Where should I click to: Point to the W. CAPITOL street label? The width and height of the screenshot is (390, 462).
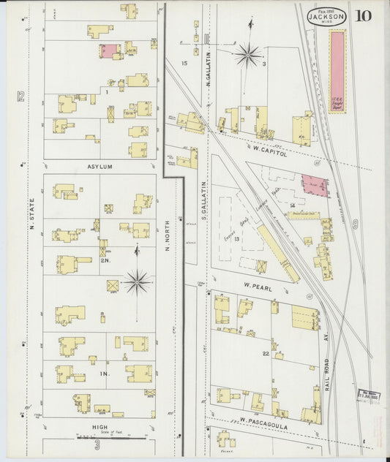pos(270,149)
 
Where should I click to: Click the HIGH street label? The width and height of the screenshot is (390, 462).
pos(100,427)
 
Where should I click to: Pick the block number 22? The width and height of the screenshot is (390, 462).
pos(266,354)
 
